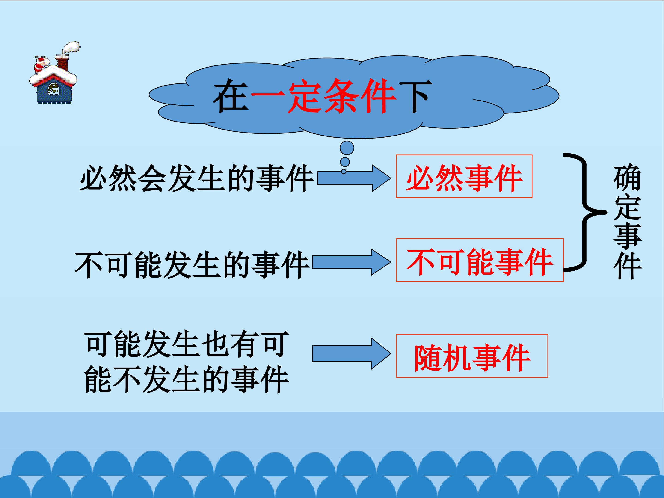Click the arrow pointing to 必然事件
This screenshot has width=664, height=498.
click(354, 178)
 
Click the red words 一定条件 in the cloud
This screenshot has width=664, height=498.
click(323, 96)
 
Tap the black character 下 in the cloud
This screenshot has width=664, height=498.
click(415, 96)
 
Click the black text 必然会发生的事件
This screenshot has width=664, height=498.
click(196, 178)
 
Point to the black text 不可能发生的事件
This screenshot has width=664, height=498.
click(192, 265)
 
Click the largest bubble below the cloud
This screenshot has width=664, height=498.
click(347, 148)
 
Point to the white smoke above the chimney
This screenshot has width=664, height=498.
click(71, 48)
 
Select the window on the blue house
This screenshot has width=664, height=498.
click(54, 89)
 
